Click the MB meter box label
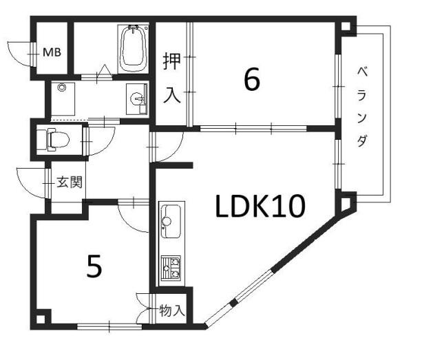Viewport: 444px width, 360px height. tap(52, 52)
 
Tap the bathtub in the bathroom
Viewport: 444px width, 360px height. tap(134, 49)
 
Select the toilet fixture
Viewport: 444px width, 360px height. tap(54, 139)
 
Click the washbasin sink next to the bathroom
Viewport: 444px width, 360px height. tap(137, 99)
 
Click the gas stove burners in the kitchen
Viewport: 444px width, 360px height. tap(171, 268)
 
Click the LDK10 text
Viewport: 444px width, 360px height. tap(260, 206)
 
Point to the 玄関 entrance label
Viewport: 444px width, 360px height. tap(70, 182)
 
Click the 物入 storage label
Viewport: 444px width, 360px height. tap(172, 310)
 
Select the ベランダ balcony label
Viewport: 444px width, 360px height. tap(362, 107)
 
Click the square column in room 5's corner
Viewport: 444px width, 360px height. tap(40, 319)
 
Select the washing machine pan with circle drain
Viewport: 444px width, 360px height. tap(63, 99)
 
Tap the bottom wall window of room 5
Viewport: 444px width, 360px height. tap(109, 327)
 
